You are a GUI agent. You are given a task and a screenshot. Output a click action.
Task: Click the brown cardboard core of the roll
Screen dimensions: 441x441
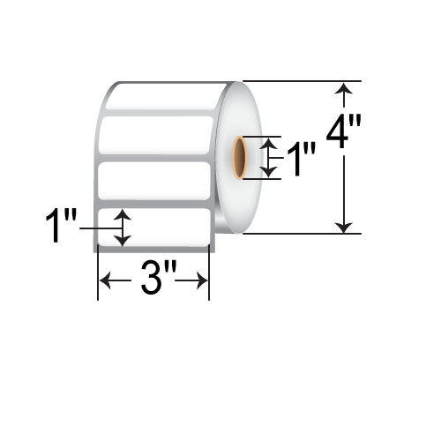coord(239,158)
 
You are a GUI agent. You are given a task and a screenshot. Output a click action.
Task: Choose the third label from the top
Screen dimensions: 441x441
coord(155,181)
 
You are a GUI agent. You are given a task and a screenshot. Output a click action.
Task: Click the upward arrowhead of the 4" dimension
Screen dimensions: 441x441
coord(345,87)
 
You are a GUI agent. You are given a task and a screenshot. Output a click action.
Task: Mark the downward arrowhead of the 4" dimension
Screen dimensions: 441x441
coord(345,227)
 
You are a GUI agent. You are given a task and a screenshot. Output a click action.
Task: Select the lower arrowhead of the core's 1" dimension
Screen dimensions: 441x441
coord(269,173)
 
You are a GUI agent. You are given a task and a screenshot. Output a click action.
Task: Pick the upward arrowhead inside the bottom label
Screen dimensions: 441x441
coord(122,214)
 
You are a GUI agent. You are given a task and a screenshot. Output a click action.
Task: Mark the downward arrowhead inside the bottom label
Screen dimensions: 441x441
coord(122,240)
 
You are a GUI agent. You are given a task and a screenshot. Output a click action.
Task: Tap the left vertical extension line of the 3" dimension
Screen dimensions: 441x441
coord(96,273)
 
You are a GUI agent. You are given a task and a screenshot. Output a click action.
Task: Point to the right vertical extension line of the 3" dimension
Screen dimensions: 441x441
coord(209,273)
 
